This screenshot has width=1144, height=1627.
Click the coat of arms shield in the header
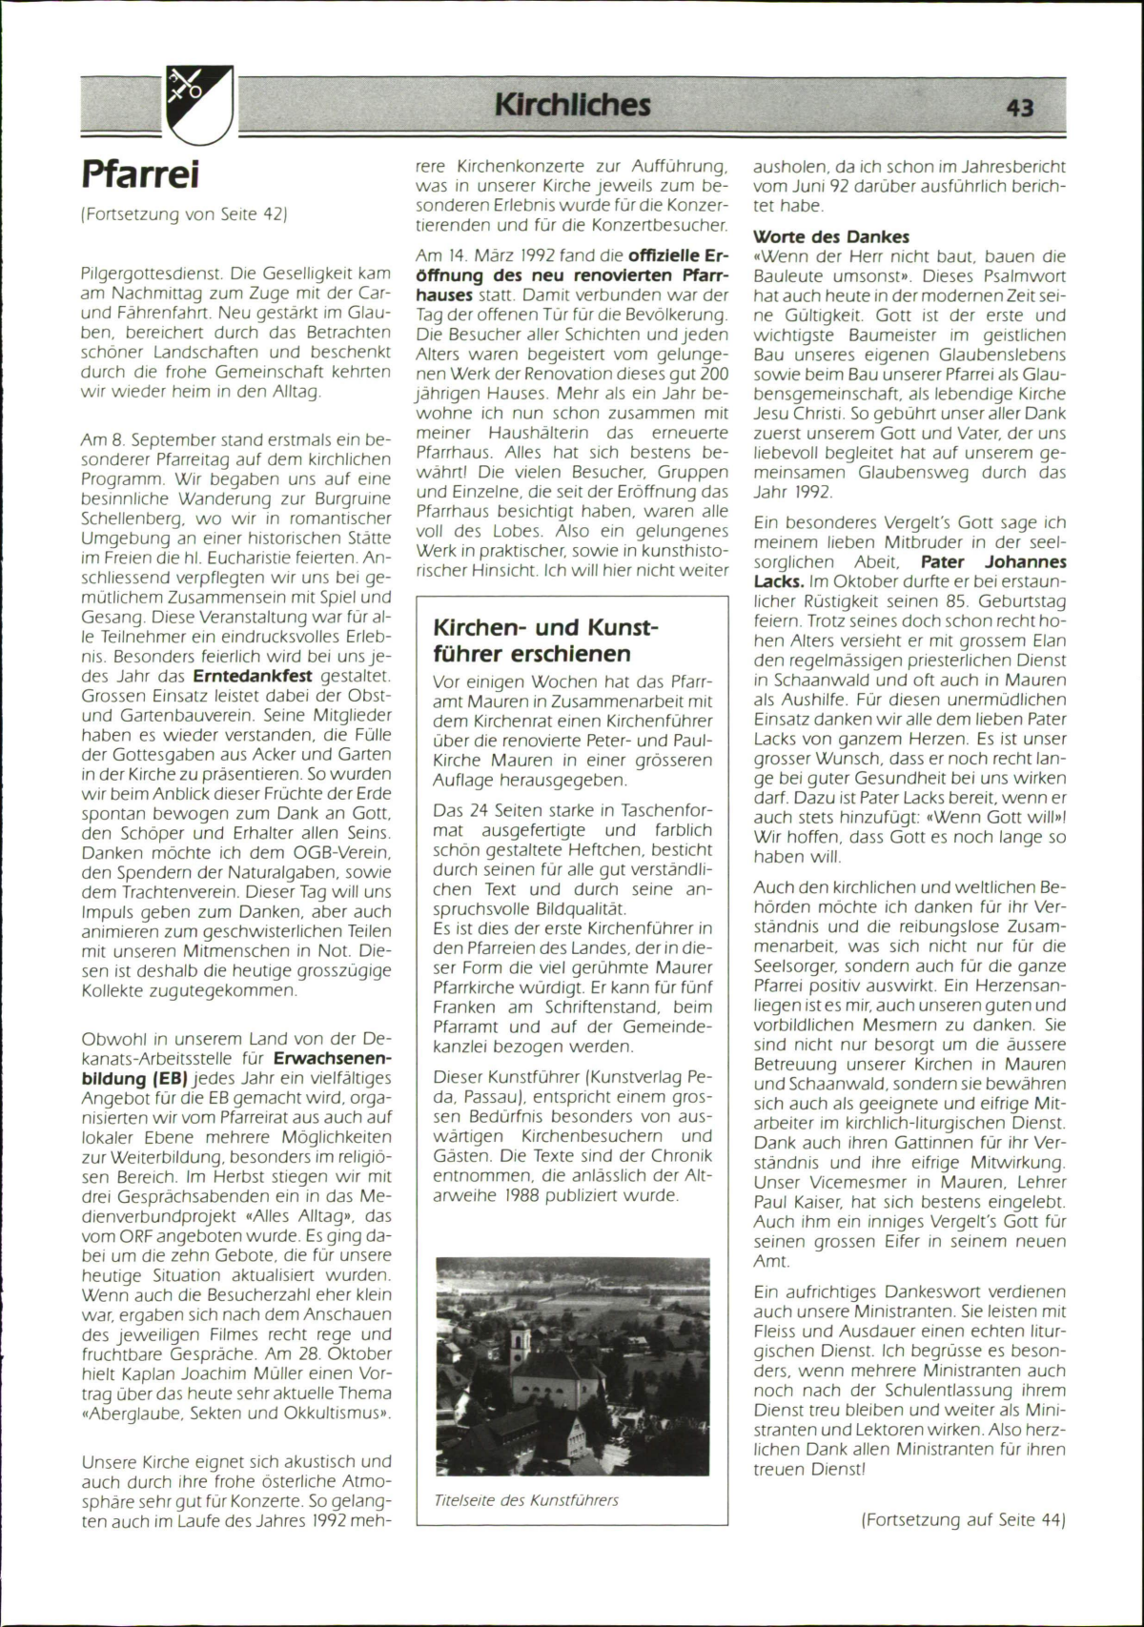pos(199,104)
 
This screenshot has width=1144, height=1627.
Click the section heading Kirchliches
pos(572,104)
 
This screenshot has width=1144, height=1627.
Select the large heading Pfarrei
pos(140,174)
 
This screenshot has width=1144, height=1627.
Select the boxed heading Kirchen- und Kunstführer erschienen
pos(546,641)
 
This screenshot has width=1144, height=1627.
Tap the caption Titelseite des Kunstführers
pos(526,1500)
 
